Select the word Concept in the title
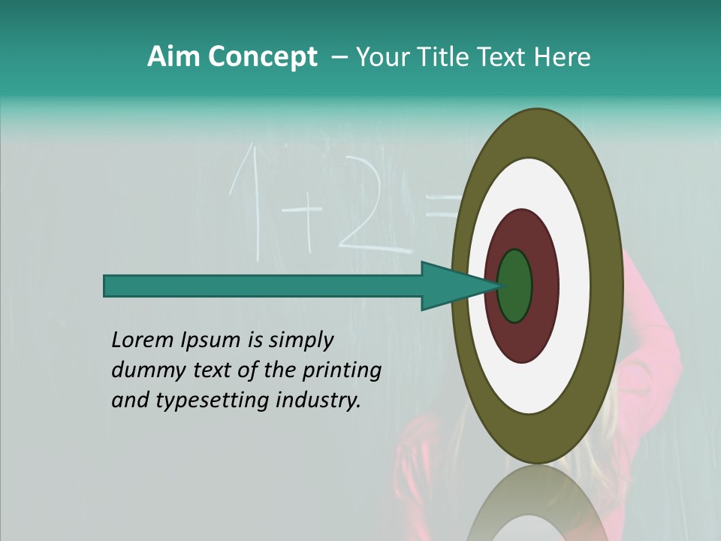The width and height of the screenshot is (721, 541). click(x=262, y=58)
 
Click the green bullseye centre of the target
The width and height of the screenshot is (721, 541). click(x=515, y=286)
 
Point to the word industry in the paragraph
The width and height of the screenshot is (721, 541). click(x=318, y=400)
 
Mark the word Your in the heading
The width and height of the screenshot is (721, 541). click(x=379, y=57)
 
